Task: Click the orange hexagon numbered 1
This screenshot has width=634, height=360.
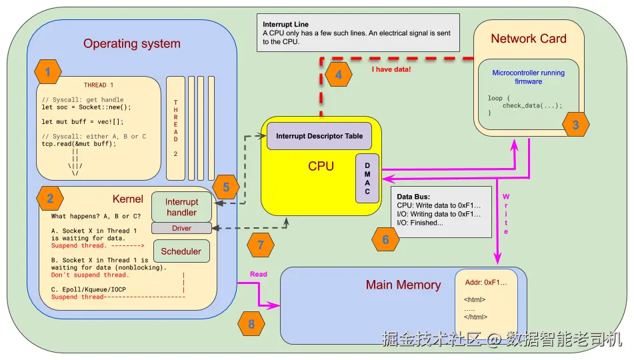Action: click(47, 71)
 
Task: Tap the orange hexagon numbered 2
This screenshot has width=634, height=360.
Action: click(49, 198)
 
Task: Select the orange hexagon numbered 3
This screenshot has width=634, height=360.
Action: click(575, 124)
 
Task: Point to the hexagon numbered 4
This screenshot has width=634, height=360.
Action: click(339, 75)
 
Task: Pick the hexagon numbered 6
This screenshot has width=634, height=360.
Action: click(385, 239)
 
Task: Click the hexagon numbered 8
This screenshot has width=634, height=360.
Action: click(251, 325)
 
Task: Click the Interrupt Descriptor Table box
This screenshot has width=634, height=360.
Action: click(319, 136)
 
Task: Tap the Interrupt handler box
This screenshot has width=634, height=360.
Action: click(181, 207)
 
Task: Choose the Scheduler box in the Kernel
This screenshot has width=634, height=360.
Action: click(181, 251)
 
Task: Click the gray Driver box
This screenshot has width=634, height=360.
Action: click(181, 228)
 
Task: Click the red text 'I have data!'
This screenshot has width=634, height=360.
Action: click(391, 69)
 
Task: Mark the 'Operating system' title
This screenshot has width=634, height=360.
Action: click(131, 44)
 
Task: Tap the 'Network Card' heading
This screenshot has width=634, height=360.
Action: click(528, 39)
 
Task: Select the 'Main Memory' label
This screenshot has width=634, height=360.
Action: click(403, 285)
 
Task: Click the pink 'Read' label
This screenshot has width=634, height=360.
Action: click(258, 274)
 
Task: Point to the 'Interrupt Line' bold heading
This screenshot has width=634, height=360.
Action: click(285, 25)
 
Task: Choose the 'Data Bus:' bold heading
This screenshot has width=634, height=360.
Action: click(413, 197)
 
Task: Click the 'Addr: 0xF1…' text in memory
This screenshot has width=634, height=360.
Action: click(486, 283)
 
